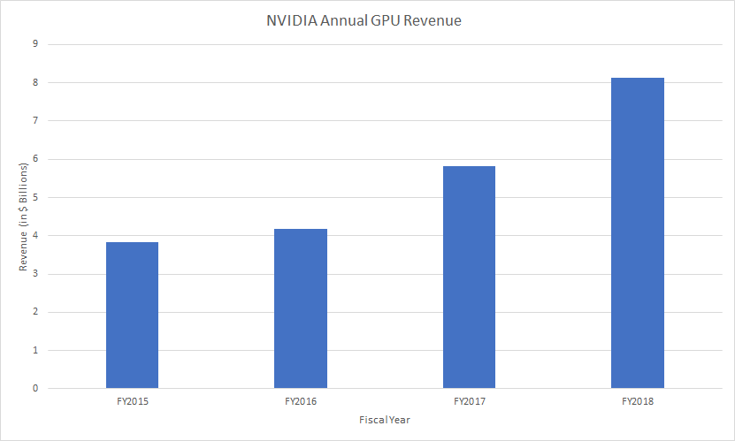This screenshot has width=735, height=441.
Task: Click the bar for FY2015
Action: (132, 315)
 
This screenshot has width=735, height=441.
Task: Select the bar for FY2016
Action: (301, 308)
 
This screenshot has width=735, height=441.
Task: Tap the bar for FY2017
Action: (469, 277)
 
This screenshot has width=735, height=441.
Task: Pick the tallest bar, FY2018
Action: (638, 232)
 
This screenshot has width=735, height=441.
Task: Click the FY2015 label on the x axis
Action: (132, 402)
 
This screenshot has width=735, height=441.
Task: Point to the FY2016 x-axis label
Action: (301, 402)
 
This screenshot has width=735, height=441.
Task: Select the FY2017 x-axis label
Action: (469, 402)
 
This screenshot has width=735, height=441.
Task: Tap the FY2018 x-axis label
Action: (638, 402)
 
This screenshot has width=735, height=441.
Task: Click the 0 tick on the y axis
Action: (36, 388)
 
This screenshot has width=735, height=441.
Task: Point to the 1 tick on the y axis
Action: (36, 350)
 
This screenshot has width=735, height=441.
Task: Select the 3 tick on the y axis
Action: (36, 273)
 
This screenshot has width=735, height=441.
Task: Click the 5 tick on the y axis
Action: (36, 197)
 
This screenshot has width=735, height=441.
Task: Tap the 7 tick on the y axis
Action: (36, 120)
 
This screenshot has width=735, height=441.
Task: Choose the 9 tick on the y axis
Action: (36, 44)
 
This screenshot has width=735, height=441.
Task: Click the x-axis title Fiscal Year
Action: (385, 420)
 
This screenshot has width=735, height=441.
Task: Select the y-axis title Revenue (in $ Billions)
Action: (25, 217)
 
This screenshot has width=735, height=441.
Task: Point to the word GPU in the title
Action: (388, 21)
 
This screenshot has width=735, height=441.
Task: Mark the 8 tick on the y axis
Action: (36, 82)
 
